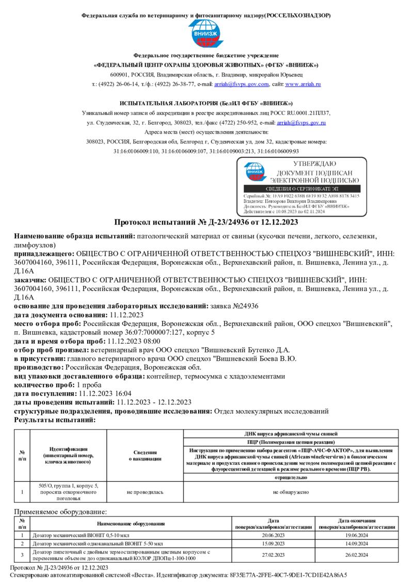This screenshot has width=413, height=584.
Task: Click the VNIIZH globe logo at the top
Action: coord(206,34)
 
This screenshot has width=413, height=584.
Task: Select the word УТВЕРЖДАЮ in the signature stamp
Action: coord(315,164)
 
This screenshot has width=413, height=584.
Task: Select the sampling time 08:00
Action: coord(151,341)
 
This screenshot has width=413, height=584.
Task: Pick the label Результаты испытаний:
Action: coord(55,420)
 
